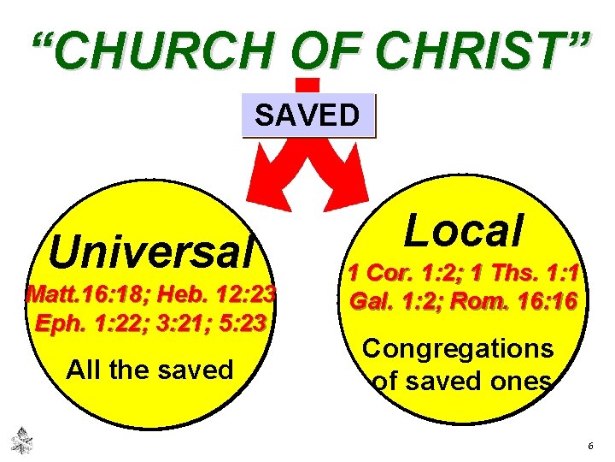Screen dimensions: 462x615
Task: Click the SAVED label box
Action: click(307, 115)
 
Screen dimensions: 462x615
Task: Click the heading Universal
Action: click(152, 252)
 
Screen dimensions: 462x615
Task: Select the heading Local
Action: click(464, 230)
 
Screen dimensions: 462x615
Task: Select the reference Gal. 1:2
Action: click(394, 302)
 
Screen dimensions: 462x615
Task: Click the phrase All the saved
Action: click(149, 370)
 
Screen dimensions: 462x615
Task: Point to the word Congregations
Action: click(458, 348)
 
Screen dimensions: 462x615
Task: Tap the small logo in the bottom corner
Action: click(20, 440)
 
